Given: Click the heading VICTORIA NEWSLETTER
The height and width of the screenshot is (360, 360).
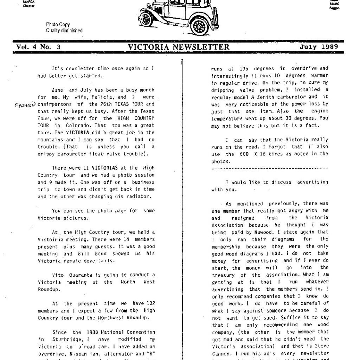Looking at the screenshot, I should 179,47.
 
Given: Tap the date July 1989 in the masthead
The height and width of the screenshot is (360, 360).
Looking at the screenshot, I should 319,47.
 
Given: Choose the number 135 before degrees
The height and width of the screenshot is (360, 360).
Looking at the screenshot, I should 244,69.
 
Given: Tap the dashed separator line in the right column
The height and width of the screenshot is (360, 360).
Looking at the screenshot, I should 270,168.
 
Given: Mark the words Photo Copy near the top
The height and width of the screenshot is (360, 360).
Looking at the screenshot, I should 58,25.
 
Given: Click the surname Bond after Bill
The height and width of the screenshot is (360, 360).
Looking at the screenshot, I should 103,253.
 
